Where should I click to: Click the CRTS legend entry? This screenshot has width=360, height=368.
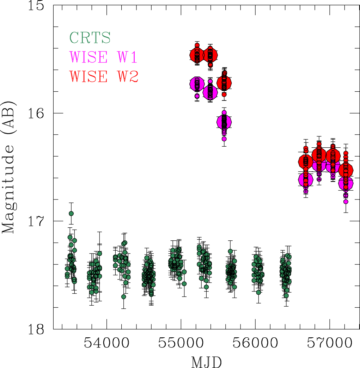[x=90, y=37]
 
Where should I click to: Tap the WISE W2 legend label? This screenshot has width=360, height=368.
[x=104, y=76]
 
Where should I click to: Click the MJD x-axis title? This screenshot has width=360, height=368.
[x=207, y=362]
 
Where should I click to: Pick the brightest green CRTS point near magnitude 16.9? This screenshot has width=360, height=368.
[x=71, y=213]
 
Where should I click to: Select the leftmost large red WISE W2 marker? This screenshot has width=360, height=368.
[x=197, y=55]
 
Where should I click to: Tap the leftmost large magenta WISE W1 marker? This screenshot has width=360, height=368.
[x=197, y=84]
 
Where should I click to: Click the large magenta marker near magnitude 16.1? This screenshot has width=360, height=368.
[x=224, y=122]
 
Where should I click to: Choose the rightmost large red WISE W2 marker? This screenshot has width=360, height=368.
[x=346, y=170]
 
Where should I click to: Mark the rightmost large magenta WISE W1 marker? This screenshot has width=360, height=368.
[x=346, y=183]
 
